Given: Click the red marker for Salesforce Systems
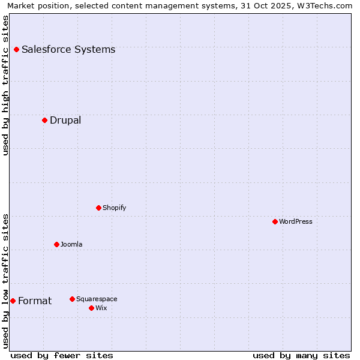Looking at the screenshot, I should (16, 49).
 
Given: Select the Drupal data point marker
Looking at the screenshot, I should (44, 120).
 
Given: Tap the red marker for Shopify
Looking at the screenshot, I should (98, 208).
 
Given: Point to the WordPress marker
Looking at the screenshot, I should (275, 221).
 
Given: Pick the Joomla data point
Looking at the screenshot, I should (56, 244).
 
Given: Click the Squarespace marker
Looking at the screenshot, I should (72, 299).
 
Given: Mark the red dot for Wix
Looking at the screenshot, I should (91, 308).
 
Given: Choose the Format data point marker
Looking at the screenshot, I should (13, 301).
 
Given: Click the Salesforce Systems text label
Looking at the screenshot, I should (68, 49).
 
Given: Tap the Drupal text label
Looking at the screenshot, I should (65, 120).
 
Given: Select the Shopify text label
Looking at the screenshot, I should (114, 208).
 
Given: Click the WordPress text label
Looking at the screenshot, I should (296, 221).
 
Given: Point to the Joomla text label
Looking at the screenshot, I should (71, 244).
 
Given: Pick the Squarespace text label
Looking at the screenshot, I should (97, 299).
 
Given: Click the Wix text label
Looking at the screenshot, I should (101, 308).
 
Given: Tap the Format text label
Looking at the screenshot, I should (35, 301).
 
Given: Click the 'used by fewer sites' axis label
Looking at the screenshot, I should (62, 355).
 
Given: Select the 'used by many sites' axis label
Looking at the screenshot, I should (301, 355).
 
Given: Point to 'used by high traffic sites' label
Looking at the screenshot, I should (5, 85).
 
